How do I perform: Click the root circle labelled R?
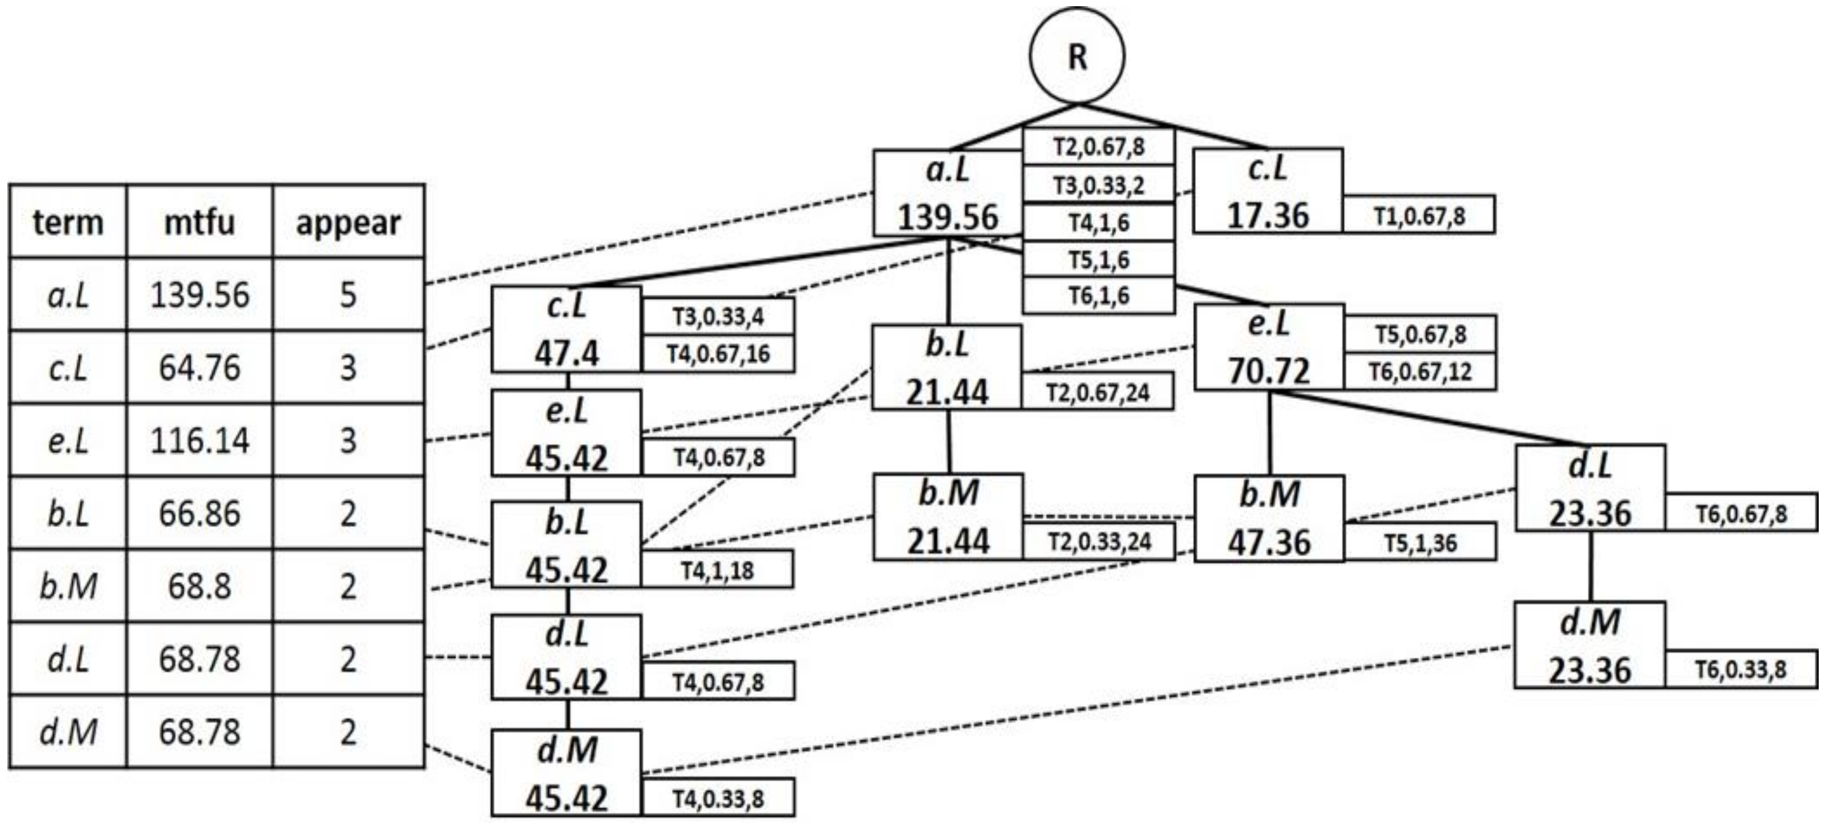[x=1077, y=56]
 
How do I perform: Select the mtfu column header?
[x=199, y=222]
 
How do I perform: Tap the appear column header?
[x=348, y=222]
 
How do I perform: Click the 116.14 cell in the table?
[x=199, y=440]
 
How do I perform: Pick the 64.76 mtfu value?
[x=199, y=367]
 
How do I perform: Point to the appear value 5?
[x=348, y=294]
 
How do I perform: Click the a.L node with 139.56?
[x=948, y=193]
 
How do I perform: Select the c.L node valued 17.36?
[x=1268, y=191]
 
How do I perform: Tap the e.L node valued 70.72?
[x=1269, y=347]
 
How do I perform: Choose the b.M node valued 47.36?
[x=1269, y=518]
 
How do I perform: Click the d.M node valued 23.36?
[x=1590, y=645]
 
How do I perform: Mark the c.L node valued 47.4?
[x=567, y=330]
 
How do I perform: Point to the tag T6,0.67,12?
[x=1420, y=371]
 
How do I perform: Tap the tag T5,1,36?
[x=1420, y=543]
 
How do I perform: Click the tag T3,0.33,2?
[x=1098, y=185]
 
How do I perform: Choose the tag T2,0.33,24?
[x=1098, y=541]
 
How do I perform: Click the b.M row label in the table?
[x=68, y=586]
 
